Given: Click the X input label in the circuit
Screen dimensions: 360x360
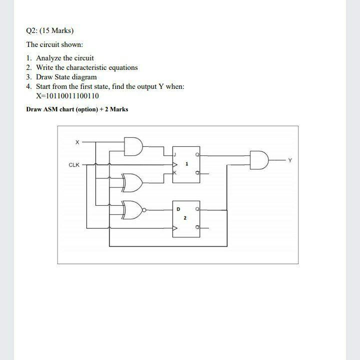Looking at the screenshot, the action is [x=77, y=142].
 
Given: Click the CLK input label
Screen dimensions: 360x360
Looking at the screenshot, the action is [x=74, y=164].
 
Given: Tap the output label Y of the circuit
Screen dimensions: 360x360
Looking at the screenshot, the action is [x=289, y=160].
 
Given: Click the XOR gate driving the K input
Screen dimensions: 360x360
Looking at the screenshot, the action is [x=133, y=183].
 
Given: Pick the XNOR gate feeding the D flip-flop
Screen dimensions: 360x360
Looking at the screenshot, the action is [x=132, y=210].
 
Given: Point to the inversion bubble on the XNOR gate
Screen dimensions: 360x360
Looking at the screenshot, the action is [x=144, y=210].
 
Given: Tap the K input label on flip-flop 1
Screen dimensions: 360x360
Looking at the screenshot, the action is [x=175, y=172].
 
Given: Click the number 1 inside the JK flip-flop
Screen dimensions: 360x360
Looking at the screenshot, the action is [x=186, y=164].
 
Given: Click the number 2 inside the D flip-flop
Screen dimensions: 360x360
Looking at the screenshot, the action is [x=184, y=218].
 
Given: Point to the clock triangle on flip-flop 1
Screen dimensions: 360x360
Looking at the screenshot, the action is [x=175, y=164].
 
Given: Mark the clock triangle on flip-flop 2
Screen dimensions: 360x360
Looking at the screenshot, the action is [x=175, y=228].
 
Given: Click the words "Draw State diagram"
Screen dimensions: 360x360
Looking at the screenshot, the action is [x=66, y=77].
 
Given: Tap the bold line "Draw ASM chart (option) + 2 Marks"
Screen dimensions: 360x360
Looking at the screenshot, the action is [x=77, y=109].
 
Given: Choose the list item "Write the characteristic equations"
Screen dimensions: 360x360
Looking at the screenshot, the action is [x=86, y=67].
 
